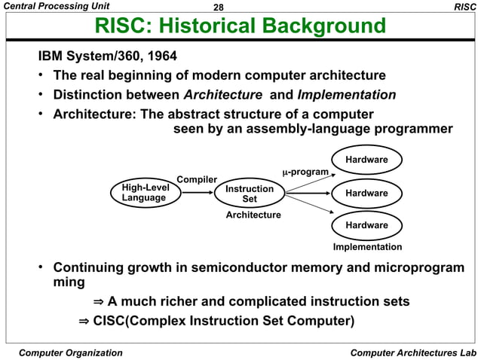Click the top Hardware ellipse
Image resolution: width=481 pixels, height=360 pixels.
pos(366,160)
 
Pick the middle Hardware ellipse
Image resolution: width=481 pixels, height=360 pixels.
pos(366,194)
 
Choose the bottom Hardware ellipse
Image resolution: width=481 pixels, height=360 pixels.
pos(366,225)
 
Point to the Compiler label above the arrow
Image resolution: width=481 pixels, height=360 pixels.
pos(197,179)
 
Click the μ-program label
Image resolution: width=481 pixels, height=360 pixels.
pos(305,172)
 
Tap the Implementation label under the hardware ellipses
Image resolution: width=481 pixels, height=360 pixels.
pos(367,247)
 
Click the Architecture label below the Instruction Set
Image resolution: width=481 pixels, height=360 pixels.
pos(253,215)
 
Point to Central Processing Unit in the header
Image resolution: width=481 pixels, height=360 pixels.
pos(55,7)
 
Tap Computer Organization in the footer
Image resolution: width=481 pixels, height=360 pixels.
pos(70,352)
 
